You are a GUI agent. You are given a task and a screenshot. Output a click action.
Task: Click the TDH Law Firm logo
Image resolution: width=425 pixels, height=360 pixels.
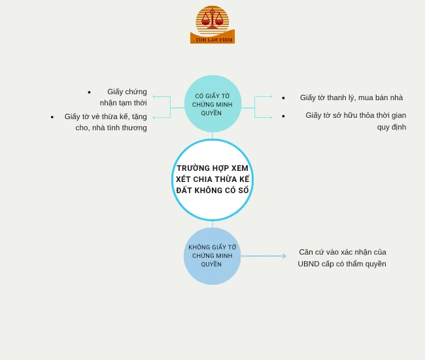point(212,25)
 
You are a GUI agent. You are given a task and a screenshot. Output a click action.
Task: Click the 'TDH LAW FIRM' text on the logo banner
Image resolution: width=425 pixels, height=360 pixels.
point(213,40)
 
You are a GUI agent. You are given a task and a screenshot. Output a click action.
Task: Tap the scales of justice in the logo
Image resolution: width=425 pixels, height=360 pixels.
point(212,19)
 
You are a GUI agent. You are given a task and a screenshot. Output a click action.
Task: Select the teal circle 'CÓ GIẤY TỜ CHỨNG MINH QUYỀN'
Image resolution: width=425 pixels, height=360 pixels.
point(212,104)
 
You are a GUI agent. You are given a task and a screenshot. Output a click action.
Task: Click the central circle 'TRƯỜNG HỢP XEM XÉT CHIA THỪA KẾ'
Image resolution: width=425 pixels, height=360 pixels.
point(212,179)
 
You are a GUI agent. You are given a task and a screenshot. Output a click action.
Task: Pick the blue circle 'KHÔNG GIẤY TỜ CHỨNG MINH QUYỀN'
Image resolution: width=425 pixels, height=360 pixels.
point(212,256)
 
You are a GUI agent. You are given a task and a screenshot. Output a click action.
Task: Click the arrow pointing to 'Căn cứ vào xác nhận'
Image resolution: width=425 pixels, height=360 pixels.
point(263,256)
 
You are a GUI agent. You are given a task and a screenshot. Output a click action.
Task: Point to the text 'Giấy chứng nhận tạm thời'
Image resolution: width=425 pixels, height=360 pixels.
point(124,97)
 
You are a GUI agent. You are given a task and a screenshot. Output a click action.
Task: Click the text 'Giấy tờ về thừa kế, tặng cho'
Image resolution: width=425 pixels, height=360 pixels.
point(106,122)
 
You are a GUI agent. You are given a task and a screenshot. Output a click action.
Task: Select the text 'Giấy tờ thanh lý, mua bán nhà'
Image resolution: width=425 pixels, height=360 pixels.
point(351,98)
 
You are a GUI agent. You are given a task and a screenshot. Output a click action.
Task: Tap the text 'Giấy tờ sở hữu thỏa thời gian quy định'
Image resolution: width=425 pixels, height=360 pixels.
point(356,120)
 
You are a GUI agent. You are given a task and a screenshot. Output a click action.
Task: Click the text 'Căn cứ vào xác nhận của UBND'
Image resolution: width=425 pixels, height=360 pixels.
point(342,257)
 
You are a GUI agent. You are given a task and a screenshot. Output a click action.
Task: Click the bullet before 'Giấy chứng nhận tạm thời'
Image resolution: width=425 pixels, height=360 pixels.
point(89,92)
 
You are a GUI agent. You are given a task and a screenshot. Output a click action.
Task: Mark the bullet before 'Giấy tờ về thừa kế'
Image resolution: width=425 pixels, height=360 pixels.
point(52,117)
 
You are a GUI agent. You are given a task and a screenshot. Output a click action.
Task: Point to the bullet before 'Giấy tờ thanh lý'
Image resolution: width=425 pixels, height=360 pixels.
point(283,98)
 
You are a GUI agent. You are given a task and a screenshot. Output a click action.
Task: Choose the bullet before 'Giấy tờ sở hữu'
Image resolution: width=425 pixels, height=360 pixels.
point(283,116)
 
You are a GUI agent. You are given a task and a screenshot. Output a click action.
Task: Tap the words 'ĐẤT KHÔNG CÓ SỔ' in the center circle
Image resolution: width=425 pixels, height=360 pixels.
point(212,190)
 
